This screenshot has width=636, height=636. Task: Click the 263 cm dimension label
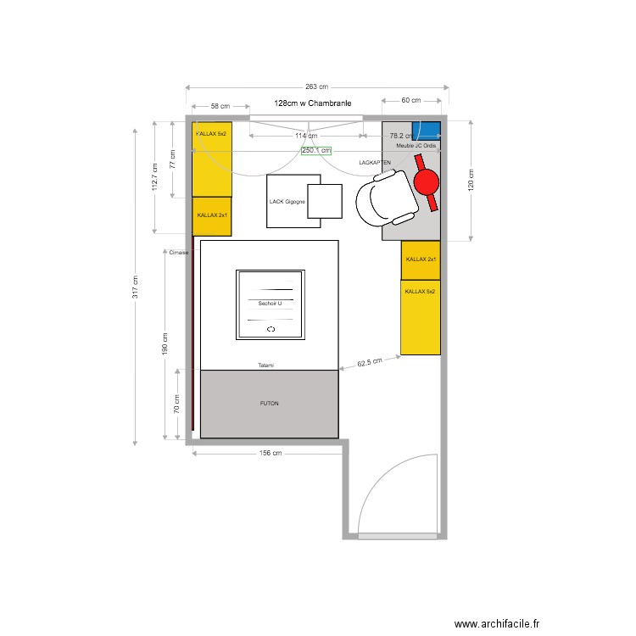point(316,87)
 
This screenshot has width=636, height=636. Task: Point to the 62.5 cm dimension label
point(370,362)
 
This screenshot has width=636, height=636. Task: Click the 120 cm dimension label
point(471,181)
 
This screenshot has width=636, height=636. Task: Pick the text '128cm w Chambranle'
point(313,103)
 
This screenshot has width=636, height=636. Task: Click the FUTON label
point(270,404)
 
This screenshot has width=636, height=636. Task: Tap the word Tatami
point(267,365)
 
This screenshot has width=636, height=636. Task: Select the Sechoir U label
point(270,303)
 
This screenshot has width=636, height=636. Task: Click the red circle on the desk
point(426,181)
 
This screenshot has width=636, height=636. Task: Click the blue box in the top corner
point(427,131)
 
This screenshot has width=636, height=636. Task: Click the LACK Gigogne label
point(287,202)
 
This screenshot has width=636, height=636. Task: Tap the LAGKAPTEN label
point(375,161)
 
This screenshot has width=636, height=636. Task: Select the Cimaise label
point(178,252)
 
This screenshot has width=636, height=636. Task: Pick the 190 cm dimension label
point(165,342)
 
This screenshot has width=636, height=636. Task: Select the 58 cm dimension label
point(220,107)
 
